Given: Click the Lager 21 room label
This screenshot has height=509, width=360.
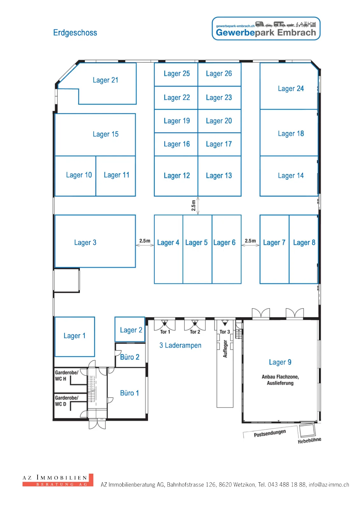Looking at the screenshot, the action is pyautogui.click(x=105, y=80).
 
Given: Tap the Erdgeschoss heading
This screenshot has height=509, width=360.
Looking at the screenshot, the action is pyautogui.click(x=75, y=33).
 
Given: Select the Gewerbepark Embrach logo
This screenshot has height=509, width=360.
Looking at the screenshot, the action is pyautogui.click(x=266, y=29).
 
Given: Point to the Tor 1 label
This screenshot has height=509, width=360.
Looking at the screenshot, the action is pyautogui.click(x=165, y=332).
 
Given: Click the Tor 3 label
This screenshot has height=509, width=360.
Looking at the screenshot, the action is pyautogui.click(x=225, y=332).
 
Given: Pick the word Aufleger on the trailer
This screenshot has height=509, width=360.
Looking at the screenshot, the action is pyautogui.click(x=225, y=349).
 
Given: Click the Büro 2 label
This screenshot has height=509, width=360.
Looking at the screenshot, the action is pyautogui.click(x=130, y=357).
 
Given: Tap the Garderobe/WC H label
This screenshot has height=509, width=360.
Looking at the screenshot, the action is pyautogui.click(x=67, y=375).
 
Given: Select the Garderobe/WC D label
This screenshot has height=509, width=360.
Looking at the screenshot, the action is pyautogui.click(x=67, y=401).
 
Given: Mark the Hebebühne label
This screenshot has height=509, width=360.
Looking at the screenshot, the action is pyautogui.click(x=309, y=440).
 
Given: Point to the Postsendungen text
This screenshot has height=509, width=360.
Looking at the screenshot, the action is pyautogui.click(x=270, y=433).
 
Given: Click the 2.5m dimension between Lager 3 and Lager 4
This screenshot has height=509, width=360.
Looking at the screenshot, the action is pyautogui.click(x=145, y=241).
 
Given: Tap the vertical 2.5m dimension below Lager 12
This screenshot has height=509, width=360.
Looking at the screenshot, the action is pyautogui.click(x=193, y=206).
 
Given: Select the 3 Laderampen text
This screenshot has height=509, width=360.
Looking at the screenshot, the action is pyautogui.click(x=180, y=345).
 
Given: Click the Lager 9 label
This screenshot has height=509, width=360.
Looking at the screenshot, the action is pyautogui.click(x=280, y=362).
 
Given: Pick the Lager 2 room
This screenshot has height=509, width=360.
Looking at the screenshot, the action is pyautogui.click(x=130, y=329).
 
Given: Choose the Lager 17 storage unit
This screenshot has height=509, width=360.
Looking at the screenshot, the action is pyautogui.click(x=219, y=144).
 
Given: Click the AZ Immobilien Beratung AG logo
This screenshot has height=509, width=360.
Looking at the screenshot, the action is pyautogui.click(x=58, y=480).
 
